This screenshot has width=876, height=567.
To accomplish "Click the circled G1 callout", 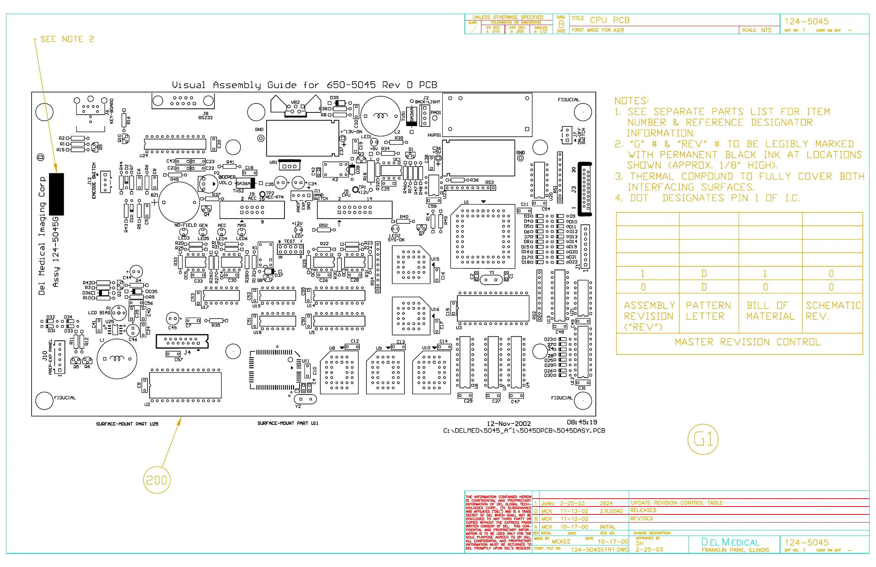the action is (703, 439).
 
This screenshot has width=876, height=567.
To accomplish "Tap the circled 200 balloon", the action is (156, 480).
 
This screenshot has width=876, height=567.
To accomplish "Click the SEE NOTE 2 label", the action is (67, 39).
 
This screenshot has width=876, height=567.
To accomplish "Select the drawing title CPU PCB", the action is (609, 20).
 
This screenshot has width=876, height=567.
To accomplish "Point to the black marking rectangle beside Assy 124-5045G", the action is (56, 194).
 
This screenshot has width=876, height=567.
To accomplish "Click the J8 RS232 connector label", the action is (205, 116).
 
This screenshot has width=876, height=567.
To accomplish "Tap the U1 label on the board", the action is (466, 202).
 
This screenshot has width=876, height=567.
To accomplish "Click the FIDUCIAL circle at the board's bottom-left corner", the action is (44, 401).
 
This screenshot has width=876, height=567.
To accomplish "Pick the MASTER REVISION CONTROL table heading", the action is (748, 342).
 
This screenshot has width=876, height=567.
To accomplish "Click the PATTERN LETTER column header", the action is (708, 311).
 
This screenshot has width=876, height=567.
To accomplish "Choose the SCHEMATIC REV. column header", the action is (833, 311).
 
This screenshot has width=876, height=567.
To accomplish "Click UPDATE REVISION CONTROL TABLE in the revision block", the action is (677, 503).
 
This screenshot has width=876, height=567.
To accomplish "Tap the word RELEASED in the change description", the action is (643, 510).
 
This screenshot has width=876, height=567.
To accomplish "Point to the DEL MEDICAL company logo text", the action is (730, 542).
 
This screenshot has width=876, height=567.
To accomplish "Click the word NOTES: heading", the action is (631, 101).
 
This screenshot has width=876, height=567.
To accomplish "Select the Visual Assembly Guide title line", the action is (305, 85).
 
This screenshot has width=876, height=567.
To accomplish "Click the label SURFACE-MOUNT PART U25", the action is (127, 424).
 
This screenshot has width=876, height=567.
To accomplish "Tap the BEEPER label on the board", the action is (227, 177).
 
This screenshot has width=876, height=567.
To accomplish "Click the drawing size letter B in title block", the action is (561, 24).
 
